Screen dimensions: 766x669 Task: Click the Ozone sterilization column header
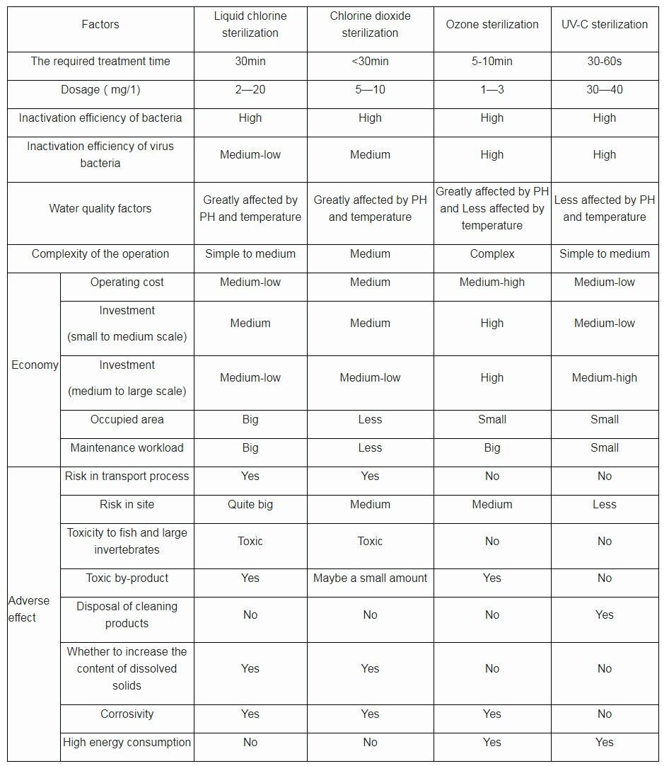(491, 24)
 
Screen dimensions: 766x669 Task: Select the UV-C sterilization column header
(604, 24)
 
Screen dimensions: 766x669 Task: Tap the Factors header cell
(100, 24)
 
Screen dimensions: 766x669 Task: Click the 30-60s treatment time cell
(604, 62)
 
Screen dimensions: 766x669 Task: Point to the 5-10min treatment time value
(491, 62)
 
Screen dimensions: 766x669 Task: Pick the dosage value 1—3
(491, 90)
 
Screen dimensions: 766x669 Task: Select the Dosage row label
(100, 90)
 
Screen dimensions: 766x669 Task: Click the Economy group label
(35, 365)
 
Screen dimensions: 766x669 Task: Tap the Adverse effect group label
(30, 609)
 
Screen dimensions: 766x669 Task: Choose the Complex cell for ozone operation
(491, 253)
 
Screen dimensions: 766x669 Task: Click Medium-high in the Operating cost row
(491, 282)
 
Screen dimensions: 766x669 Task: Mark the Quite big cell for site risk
(250, 504)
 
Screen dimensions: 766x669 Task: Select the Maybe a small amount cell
(370, 578)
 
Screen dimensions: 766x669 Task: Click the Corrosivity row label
(127, 714)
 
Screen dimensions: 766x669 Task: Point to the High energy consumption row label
(127, 742)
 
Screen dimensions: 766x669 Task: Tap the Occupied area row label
(127, 419)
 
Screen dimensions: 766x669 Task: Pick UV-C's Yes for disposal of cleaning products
(604, 614)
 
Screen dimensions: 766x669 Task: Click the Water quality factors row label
(100, 208)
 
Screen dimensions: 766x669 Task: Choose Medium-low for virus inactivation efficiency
(250, 154)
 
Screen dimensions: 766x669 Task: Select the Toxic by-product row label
(127, 578)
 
